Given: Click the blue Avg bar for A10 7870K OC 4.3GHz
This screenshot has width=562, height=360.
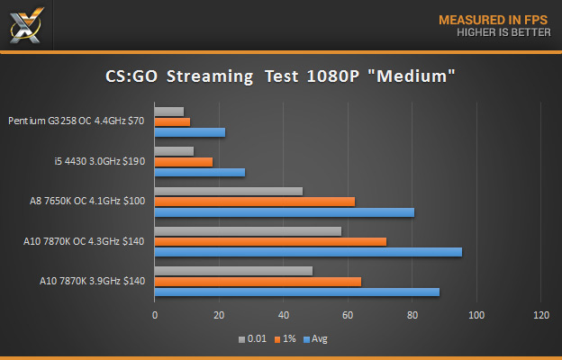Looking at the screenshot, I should (x=308, y=252).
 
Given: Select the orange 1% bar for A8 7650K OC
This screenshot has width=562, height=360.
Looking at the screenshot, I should (x=255, y=202).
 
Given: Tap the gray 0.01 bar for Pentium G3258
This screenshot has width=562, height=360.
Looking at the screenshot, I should (x=169, y=111).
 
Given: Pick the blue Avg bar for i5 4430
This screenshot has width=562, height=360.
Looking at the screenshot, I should (x=200, y=172).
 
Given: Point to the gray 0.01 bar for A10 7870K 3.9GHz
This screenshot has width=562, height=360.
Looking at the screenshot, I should (x=234, y=271).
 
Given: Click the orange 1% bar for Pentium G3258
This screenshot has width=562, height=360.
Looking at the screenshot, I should (x=172, y=121).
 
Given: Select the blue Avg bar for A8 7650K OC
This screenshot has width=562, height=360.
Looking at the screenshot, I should (x=285, y=212).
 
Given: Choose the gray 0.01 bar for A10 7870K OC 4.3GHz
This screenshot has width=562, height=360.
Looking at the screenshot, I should (x=248, y=231).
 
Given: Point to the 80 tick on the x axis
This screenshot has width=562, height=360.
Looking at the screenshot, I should (x=412, y=315).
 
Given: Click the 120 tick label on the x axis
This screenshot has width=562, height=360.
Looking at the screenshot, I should (x=540, y=315).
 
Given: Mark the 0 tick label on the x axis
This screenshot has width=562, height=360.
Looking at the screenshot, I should (x=155, y=315).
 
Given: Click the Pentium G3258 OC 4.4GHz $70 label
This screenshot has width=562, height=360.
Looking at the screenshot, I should (x=77, y=121).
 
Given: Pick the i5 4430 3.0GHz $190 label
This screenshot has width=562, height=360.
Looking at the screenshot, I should (x=99, y=161).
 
